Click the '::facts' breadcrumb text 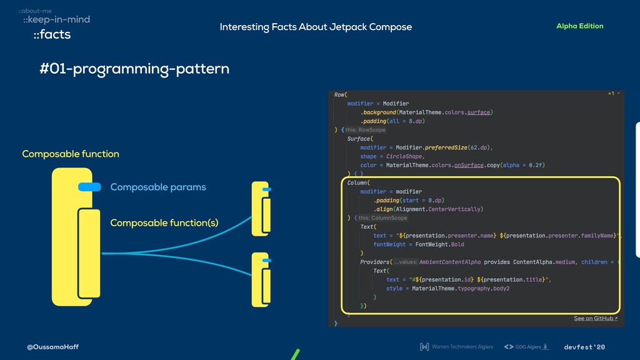tap(52, 34)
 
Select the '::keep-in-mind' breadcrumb tap(56, 19)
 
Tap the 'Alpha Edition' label tap(579, 26)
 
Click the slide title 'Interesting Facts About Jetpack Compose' tap(316, 27)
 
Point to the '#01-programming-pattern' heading tap(134, 69)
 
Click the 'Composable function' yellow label tap(71, 154)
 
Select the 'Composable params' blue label tap(158, 187)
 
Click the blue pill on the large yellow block tap(89, 186)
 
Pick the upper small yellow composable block tap(259, 209)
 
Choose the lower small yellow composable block tap(259, 279)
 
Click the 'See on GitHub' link tap(595, 319)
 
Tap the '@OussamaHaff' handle tap(52, 347)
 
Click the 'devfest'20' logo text tap(584, 347)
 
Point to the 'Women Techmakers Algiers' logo tap(457, 347)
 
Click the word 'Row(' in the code tap(341, 94)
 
